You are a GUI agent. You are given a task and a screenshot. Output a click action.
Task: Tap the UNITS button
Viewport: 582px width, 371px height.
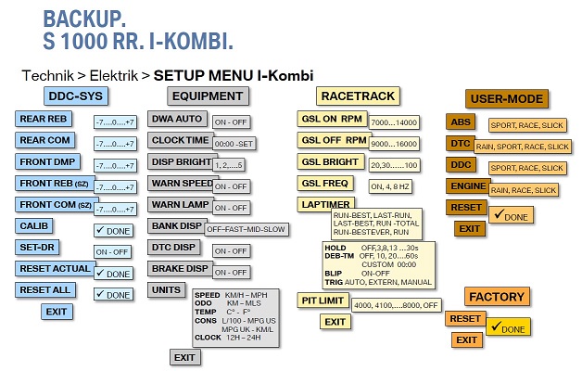pos(168,289)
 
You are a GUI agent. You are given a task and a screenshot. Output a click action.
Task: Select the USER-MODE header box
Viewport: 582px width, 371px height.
pos(507,98)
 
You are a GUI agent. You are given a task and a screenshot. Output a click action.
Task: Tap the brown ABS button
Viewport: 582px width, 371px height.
pos(460,122)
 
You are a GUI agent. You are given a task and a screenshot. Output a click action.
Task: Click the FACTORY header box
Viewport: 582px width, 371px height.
pos(497,296)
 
